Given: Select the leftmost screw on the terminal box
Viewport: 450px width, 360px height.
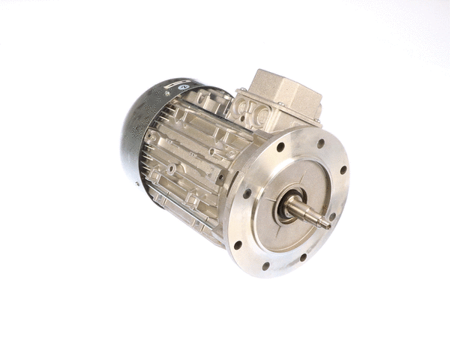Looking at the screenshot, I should tap(239, 94).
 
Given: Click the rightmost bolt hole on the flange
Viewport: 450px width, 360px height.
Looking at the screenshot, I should tap(343, 170).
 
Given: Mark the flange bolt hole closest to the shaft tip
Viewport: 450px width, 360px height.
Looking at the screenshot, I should tap(332, 217).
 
